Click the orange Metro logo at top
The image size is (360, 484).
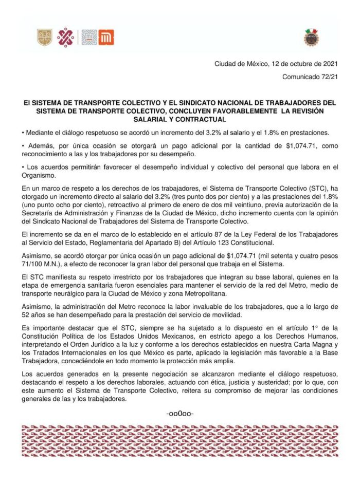[106, 38]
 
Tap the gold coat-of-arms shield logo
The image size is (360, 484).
[44, 38]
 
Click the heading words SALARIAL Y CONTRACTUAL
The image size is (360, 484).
[180, 119]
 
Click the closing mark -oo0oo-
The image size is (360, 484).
[180, 413]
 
